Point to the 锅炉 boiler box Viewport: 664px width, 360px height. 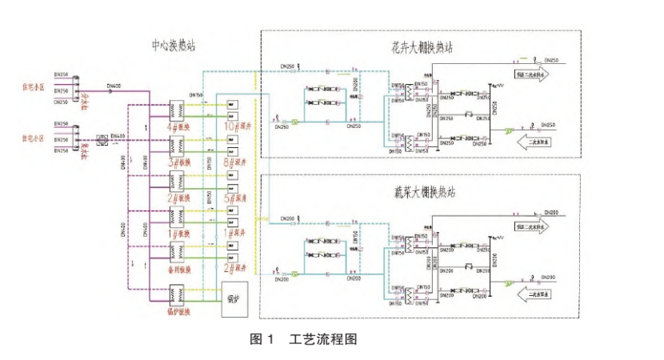coord(234,298)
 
